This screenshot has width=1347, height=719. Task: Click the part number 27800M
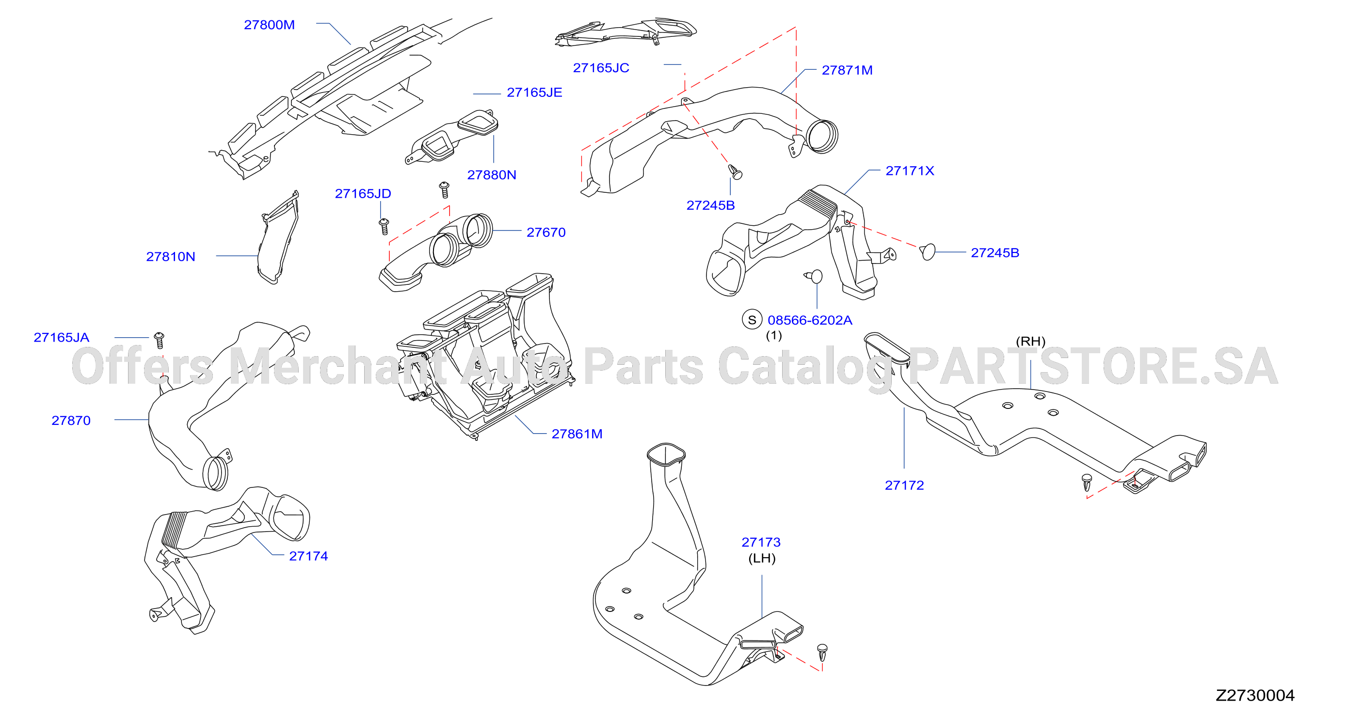(x=269, y=25)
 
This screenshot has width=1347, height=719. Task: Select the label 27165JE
(x=534, y=93)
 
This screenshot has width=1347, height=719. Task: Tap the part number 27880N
(x=492, y=174)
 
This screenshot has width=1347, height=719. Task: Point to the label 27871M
(x=847, y=70)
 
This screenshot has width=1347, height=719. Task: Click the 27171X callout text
(x=910, y=171)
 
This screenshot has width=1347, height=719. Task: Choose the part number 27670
(x=546, y=232)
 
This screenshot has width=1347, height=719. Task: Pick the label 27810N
(x=171, y=257)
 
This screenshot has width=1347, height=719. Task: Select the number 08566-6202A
(x=810, y=320)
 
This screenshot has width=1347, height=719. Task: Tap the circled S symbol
(x=752, y=320)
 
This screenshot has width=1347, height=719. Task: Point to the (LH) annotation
(x=762, y=558)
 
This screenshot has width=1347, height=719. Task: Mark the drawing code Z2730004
(x=1255, y=695)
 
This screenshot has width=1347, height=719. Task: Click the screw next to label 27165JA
(x=160, y=340)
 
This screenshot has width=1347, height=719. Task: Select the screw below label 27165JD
(x=384, y=226)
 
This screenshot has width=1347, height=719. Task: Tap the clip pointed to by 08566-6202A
(x=814, y=276)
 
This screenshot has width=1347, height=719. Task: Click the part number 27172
(x=904, y=485)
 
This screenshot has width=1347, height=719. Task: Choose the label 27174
(x=308, y=556)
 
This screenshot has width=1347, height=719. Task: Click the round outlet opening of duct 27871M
(x=822, y=136)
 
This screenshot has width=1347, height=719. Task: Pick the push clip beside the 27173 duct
(x=822, y=653)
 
